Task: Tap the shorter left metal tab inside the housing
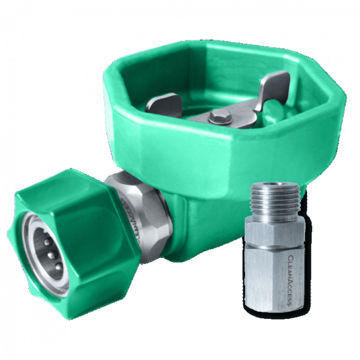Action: pyautogui.click(x=163, y=103)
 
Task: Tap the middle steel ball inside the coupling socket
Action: pyautogui.click(x=52, y=255)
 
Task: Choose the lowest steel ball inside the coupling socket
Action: pyautogui.click(x=59, y=266)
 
